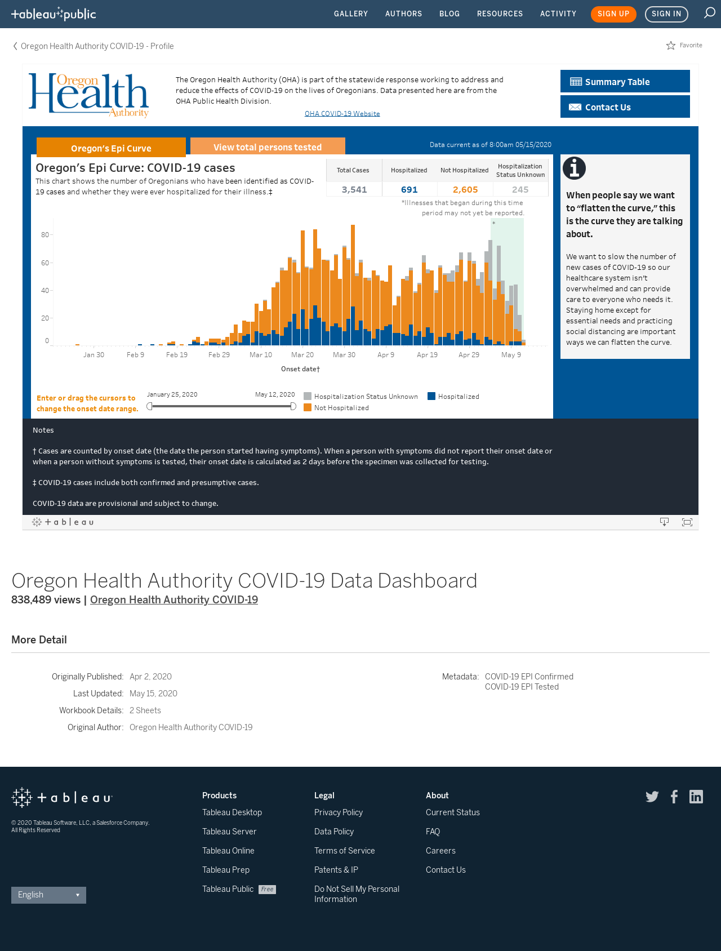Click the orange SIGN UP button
point(613,14)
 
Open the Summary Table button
point(625,81)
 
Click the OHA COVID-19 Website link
point(342,114)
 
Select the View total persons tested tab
point(268,146)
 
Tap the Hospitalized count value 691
point(410,190)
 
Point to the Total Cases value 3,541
point(354,190)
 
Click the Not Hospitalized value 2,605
point(465,190)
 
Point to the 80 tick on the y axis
point(45,234)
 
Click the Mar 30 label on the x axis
point(344,355)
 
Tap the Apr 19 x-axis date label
point(427,355)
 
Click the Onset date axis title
point(301,369)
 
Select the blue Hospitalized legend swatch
point(431,396)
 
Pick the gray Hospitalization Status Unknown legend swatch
point(308,396)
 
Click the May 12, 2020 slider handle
point(293,406)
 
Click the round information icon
point(574,168)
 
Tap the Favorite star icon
point(671,46)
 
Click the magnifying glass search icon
point(710,13)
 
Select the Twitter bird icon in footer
point(652,797)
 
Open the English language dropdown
point(48,895)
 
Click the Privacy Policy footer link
point(339,812)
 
